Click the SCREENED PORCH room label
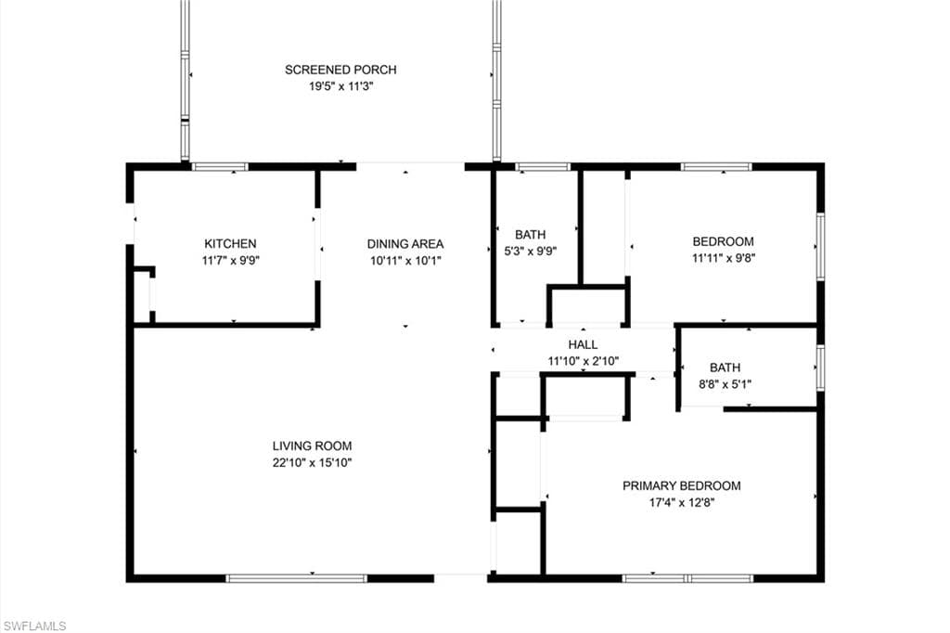[x=340, y=70]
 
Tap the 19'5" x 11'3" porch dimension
[x=340, y=86]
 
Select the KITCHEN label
[x=230, y=244]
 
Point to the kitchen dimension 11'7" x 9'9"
[x=230, y=261]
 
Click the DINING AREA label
[x=405, y=244]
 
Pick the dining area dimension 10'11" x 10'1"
[x=405, y=261]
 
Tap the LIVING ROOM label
[x=312, y=446]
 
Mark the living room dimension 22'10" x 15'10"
[x=312, y=462]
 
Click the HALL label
[x=583, y=344]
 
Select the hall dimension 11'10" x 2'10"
[x=583, y=360]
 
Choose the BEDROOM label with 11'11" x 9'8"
[x=724, y=241]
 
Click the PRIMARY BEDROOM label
[x=681, y=485]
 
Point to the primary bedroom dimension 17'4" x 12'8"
[x=681, y=502]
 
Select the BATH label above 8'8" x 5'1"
[x=725, y=368]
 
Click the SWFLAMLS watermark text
[x=35, y=627]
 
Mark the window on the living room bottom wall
[x=297, y=578]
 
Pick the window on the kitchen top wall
[x=220, y=167]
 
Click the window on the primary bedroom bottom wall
[x=687, y=578]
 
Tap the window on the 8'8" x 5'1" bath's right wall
[x=819, y=366]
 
